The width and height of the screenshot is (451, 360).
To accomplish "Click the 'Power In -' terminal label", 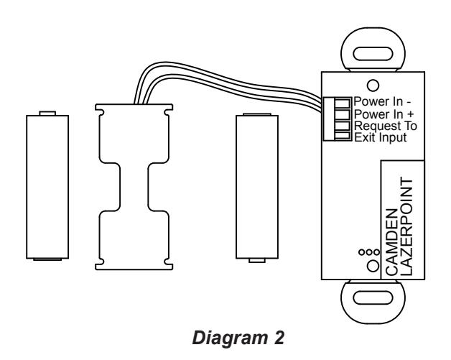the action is point(382,101).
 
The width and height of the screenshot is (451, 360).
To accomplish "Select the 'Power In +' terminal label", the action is point(383,114).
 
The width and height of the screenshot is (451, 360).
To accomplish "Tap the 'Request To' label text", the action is point(385,126).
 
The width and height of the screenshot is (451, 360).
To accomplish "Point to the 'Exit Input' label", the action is point(380,137).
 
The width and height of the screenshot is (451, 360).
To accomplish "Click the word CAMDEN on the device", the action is point(391,242).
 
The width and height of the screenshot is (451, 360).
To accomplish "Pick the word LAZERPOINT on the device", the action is point(406,226).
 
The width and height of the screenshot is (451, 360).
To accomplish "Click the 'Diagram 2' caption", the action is point(238,338).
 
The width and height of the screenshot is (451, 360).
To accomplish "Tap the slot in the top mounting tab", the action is point(373,54).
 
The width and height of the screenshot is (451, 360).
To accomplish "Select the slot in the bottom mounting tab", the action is point(373,297).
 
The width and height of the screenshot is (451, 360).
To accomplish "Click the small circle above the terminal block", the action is point(373,86).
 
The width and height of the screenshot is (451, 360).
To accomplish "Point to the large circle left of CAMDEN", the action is point(373,266).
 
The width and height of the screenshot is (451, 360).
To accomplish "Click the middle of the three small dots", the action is point(369,252).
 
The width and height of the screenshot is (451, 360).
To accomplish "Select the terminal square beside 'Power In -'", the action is point(343,103).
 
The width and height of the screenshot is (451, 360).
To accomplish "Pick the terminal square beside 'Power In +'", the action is point(343,114).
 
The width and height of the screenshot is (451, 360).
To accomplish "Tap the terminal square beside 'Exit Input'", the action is point(343,136).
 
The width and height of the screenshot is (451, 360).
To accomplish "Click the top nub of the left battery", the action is point(47,113).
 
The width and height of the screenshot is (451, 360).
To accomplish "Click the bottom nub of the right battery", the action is point(257,260).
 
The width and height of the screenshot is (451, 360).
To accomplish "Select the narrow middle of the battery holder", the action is point(134,187).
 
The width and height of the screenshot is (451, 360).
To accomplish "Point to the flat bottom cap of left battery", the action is point(47,259).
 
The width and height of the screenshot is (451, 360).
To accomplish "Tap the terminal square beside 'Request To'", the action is point(343,126).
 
